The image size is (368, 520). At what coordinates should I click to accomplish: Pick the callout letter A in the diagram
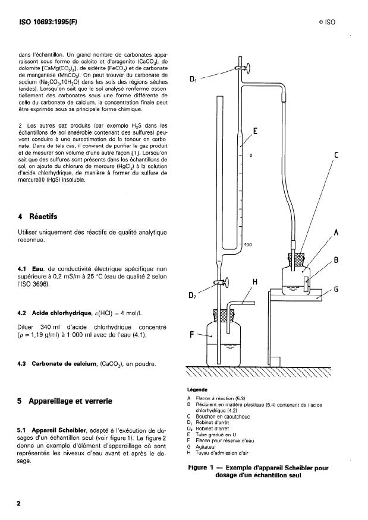336,233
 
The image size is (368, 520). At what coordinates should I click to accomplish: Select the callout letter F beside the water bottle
193,334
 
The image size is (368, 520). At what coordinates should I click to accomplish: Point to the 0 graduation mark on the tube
251,156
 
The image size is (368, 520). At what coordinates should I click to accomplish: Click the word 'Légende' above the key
198,389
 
